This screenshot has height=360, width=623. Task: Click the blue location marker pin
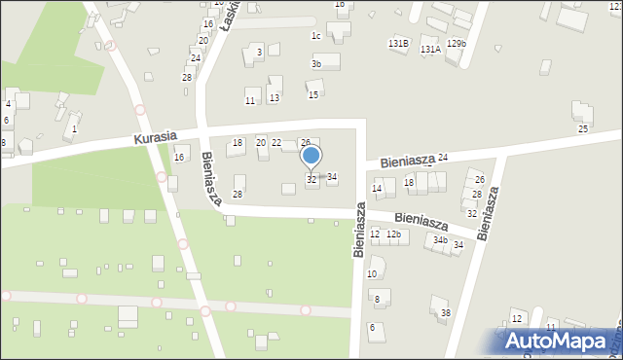point(311,157)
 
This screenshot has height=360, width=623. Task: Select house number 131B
point(397,44)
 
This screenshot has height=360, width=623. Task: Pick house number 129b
point(456,44)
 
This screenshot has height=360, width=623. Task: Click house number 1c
point(315,36)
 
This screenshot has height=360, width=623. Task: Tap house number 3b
point(315,64)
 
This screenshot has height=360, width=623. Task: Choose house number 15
point(312,94)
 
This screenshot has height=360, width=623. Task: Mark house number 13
point(275,98)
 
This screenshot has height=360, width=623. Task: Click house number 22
point(276,143)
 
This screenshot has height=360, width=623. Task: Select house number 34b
point(440,240)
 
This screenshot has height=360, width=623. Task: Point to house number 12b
point(393,234)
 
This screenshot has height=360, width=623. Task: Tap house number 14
point(377,188)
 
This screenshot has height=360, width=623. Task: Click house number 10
point(372,274)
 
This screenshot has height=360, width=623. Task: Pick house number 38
point(446,312)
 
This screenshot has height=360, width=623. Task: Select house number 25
point(582,128)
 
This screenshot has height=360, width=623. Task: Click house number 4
point(8,103)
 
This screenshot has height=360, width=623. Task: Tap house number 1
point(74,128)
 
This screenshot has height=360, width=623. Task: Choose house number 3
point(259,52)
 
